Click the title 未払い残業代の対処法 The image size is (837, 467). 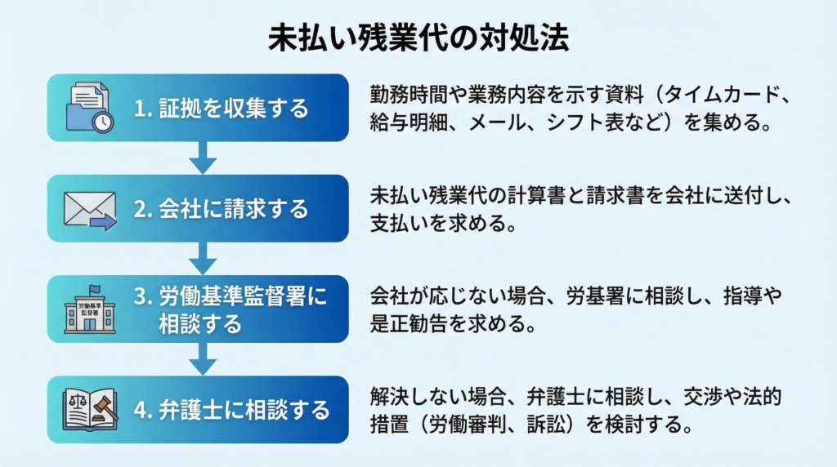(418, 38)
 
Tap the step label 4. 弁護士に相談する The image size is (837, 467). (231, 408)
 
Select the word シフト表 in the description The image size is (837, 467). (584, 125)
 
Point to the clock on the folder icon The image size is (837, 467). (102, 122)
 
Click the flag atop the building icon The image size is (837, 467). (95, 288)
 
